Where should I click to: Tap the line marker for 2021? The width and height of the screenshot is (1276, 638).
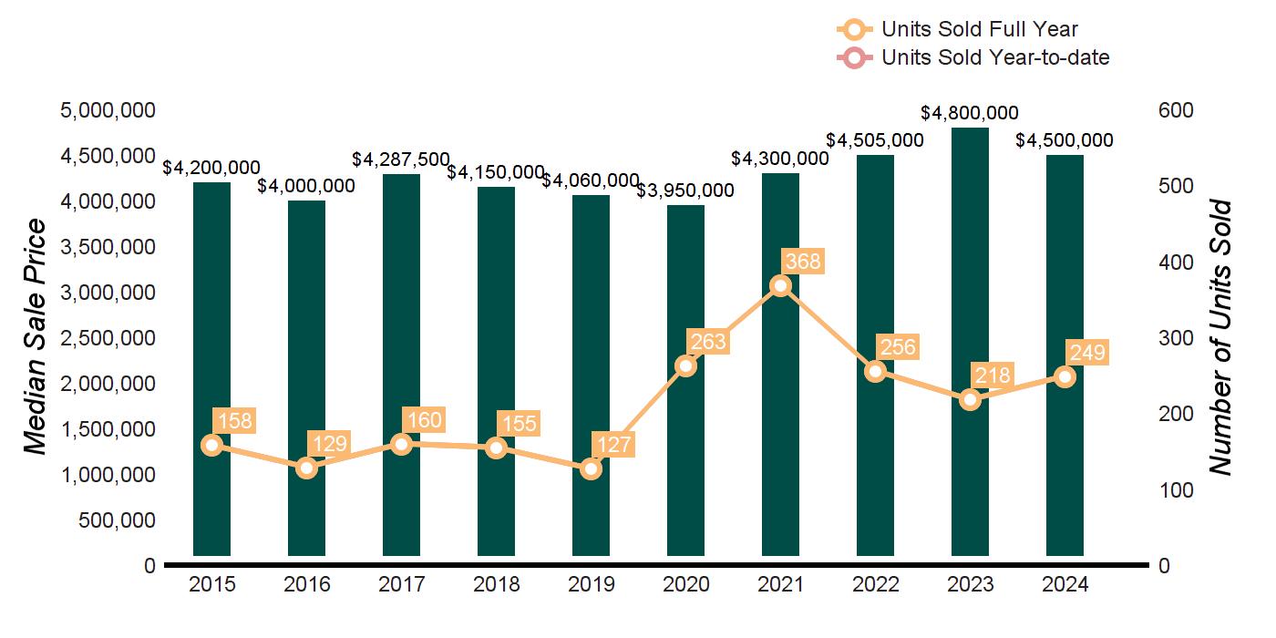pos(780,286)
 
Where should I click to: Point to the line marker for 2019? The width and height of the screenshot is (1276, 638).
pos(591,468)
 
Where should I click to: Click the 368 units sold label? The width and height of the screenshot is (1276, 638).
pos(803,262)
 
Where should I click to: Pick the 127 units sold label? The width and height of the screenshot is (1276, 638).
pos(613,446)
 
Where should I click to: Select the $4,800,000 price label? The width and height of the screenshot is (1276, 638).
pos(970,114)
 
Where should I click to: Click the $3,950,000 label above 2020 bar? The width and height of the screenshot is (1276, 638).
pos(685,190)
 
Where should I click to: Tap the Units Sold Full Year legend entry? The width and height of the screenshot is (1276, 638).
pos(980,29)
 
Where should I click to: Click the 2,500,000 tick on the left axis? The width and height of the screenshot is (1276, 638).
pos(107,338)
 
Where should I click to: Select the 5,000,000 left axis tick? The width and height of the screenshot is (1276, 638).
pos(107,110)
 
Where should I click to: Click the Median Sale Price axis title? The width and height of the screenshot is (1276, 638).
pos(35,337)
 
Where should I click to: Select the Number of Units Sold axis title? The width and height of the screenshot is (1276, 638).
pos(1221,337)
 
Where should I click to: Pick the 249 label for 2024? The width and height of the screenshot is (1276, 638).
pos(1087,354)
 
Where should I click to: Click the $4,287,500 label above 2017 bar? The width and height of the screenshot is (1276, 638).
pos(401,159)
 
